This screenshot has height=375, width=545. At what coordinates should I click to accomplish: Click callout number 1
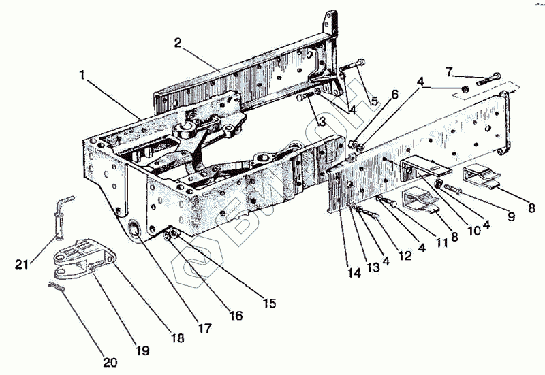[x=82, y=76]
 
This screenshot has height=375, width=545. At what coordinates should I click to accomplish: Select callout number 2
[x=177, y=42]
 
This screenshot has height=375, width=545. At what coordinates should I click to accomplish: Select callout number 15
[x=269, y=303]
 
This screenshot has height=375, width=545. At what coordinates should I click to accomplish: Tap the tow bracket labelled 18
[x=78, y=255]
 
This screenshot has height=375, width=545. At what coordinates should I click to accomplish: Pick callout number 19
[x=142, y=351]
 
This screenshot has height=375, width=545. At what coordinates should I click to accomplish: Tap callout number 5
[x=374, y=101]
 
